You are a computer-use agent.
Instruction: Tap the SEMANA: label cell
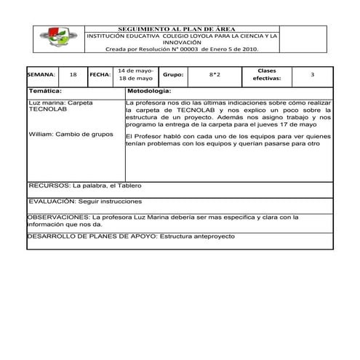(41, 75)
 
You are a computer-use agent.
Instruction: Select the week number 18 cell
(72, 75)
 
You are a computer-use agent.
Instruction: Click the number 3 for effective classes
(312, 75)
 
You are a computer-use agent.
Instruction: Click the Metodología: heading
(149, 91)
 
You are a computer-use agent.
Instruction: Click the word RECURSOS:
(44, 185)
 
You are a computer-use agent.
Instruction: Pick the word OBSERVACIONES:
(57, 217)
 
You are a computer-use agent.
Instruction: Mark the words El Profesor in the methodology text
(142, 136)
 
